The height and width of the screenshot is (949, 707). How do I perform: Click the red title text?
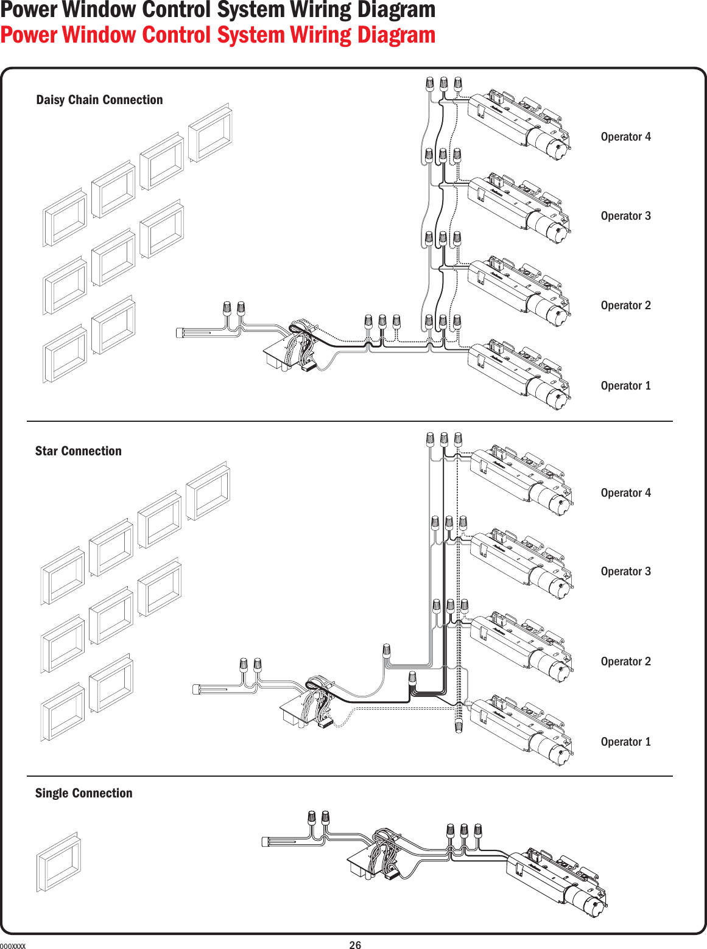pos(217,35)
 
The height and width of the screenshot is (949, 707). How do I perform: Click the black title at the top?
pos(217,10)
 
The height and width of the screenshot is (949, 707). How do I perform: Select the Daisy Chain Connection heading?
pos(99,100)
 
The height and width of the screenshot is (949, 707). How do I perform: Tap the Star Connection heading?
pos(78,451)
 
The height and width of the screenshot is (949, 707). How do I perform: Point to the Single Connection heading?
pos(83,793)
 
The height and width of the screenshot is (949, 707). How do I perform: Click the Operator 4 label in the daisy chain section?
pos(625,137)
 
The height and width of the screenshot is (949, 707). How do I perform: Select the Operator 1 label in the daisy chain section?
pos(625,386)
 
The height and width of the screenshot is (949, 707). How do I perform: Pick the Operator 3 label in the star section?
pos(625,572)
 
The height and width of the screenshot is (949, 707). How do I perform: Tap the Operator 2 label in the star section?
pos(625,662)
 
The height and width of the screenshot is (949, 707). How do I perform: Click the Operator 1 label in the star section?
pos(625,742)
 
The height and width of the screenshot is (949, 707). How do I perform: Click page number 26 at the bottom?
pos(355,945)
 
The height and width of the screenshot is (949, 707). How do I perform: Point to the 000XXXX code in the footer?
pos(13,946)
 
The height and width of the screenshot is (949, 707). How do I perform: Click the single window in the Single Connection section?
pos(58,862)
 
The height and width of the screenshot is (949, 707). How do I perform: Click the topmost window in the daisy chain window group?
pos(210,133)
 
